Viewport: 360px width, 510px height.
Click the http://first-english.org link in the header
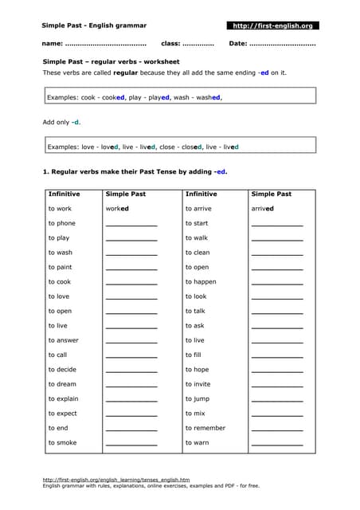tap(272, 26)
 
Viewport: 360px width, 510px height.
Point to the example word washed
tap(209, 97)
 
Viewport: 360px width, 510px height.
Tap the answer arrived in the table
tap(262, 209)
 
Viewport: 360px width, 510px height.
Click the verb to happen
tap(201, 282)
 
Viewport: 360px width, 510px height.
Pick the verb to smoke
tap(62, 442)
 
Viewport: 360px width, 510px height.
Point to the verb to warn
tap(198, 442)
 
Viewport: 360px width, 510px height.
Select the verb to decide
tap(62, 370)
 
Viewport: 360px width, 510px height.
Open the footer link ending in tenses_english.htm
tap(116, 480)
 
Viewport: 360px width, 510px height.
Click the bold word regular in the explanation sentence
tap(127, 73)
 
